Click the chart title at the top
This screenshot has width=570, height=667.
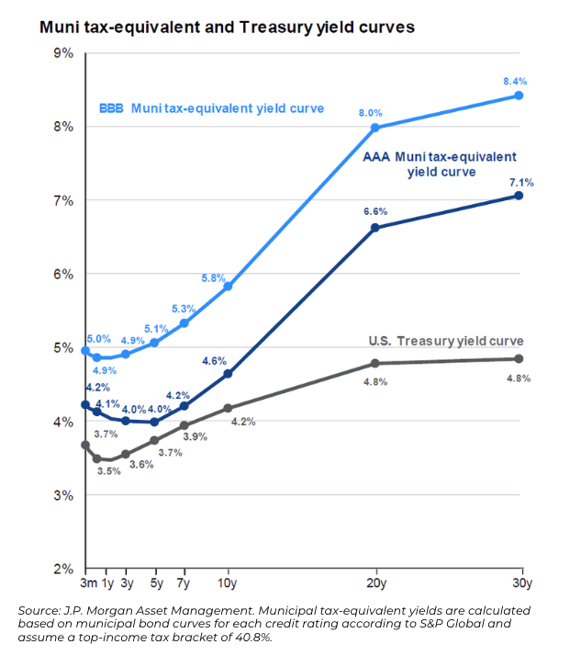227,28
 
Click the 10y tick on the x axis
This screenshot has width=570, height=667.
228,582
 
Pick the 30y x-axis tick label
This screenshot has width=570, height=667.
520,582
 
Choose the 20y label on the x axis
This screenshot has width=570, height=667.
374,582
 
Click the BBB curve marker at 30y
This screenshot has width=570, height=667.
520,96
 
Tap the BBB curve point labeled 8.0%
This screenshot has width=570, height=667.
374,128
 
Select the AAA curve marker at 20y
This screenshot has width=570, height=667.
374,228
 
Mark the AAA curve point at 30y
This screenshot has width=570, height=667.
520,196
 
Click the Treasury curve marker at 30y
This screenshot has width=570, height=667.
520,358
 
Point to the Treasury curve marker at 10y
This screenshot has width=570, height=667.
228,408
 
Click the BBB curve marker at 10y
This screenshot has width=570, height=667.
228,287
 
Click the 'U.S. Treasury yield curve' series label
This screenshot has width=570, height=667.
445,341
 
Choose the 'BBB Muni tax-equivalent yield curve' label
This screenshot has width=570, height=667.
211,108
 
